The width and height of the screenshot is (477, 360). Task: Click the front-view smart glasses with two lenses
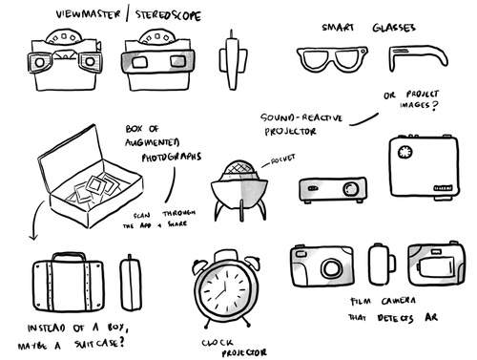[331, 58]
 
